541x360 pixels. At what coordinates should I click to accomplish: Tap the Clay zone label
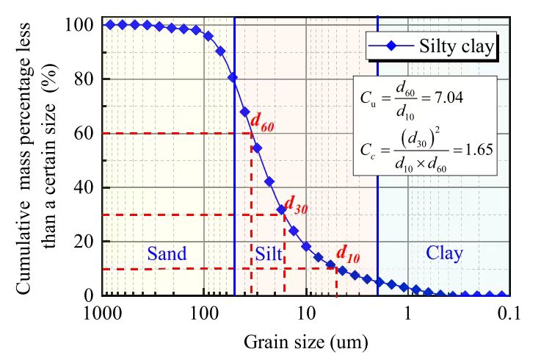(445, 254)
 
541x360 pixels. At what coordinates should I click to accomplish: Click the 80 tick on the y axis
(82, 79)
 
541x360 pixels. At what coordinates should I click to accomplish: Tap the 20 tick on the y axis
(82, 241)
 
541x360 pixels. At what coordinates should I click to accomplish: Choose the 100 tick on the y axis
(79, 25)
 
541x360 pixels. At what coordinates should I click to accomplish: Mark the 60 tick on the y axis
(82, 133)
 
